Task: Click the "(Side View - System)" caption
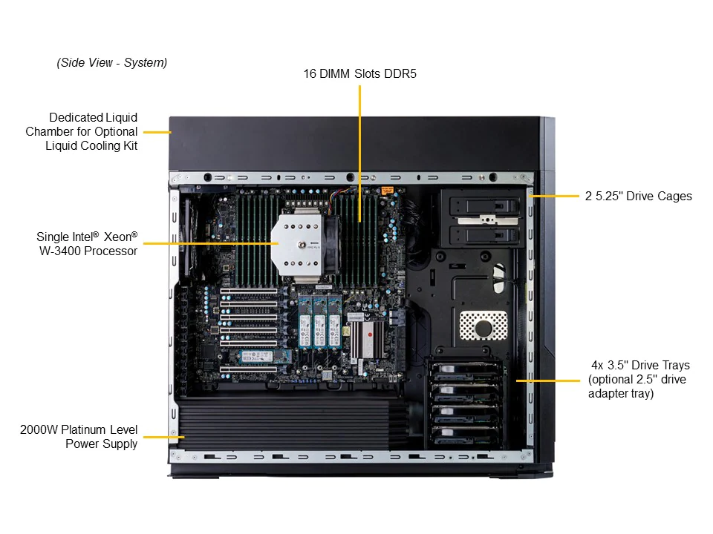pos(112,63)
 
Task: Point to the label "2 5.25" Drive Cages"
pos(638,197)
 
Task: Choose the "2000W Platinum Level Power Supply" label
pos(79,437)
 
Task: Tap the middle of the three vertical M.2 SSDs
pos(320,321)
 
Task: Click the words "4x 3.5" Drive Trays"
pos(640,366)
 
